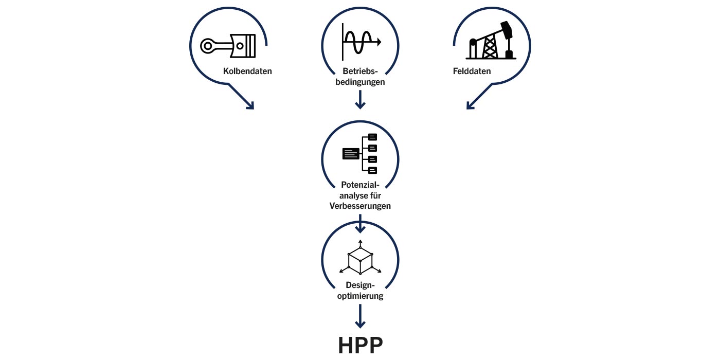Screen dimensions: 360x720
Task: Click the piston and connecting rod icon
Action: pos(228,45)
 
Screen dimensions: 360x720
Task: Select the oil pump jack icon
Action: pos(491,42)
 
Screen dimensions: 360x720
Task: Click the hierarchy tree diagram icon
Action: pos(360,153)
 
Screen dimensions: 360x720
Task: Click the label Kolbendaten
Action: pos(247,71)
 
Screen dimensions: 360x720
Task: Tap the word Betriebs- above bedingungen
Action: pos(360,71)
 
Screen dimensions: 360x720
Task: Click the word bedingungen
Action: pos(360,81)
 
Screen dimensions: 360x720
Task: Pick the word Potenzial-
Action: pos(360,185)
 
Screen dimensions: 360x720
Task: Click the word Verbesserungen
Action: pos(360,206)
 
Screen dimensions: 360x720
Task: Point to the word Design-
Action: pos(360,285)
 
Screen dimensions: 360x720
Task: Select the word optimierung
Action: pos(360,296)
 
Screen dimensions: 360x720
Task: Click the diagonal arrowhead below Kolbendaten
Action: pos(249,104)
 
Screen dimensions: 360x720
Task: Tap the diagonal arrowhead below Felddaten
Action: pos(471,104)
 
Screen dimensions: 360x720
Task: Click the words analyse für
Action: pos(360,195)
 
